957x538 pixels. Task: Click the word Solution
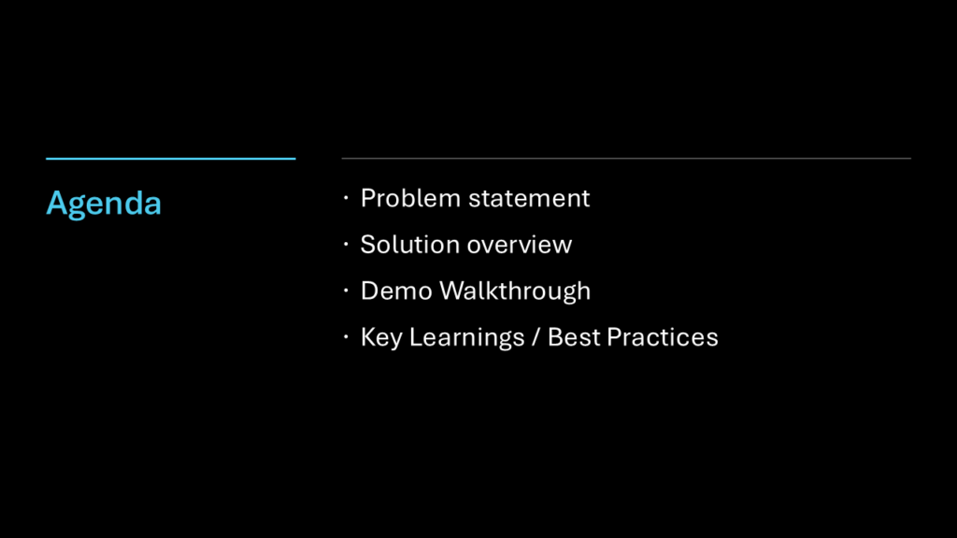click(409, 245)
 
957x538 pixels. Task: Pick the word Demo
click(396, 291)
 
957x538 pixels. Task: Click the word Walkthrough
click(515, 292)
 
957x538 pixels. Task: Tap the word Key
click(381, 338)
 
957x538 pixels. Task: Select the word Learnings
click(467, 338)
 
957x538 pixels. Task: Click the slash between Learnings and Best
click(536, 337)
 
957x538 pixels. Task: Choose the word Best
click(574, 337)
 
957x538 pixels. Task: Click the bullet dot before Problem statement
click(346, 198)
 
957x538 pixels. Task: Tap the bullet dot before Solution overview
click(346, 244)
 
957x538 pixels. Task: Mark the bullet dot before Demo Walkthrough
click(346, 290)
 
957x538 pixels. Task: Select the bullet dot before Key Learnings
click(346, 336)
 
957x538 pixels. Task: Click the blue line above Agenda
click(171, 159)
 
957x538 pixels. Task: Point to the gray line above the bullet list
click(626, 158)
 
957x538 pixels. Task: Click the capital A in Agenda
click(57, 203)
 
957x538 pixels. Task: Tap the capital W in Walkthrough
click(453, 291)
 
